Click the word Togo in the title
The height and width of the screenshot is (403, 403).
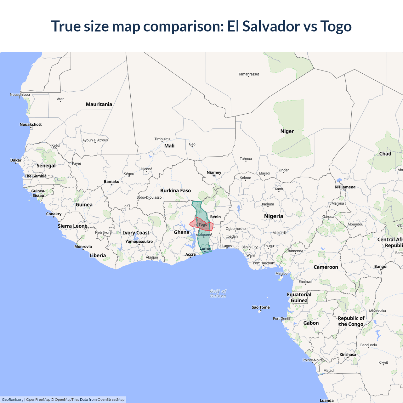click(336, 26)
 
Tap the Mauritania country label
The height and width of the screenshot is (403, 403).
click(99, 104)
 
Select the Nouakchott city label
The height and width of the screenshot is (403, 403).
click(31, 124)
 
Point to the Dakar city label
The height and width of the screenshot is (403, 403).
click(16, 160)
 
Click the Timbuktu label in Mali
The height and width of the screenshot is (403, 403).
click(162, 139)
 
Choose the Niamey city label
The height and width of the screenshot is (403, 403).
click(214, 173)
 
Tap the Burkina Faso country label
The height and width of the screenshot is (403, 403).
click(175, 190)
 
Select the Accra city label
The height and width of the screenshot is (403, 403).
click(190, 254)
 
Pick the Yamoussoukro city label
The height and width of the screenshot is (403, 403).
click(139, 241)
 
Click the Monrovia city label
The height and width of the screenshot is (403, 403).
click(83, 247)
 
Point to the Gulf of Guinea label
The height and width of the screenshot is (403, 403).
click(218, 293)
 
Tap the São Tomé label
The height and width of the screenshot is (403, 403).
click(261, 307)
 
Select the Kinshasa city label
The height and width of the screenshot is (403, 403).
click(348, 355)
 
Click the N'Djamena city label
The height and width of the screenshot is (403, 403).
click(345, 187)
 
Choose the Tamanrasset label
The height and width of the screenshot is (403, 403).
click(248, 74)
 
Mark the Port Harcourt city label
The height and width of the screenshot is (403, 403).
click(264, 263)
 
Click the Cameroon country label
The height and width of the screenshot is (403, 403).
click(326, 267)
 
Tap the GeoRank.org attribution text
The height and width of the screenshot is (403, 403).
click(13, 400)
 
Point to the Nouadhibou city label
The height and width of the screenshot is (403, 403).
click(20, 94)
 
